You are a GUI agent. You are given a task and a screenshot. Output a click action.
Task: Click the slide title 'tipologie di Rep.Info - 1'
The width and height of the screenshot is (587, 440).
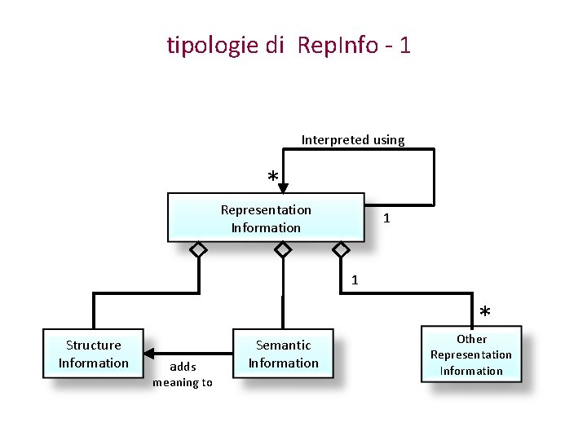pyautogui.click(x=289, y=45)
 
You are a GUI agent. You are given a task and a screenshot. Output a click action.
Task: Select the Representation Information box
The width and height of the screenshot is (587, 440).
pyautogui.click(x=266, y=218)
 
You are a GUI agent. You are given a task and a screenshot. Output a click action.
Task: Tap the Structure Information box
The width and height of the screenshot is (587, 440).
pyautogui.click(x=93, y=354)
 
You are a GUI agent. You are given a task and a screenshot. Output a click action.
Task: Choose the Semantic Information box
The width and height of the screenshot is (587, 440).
pyautogui.click(x=284, y=354)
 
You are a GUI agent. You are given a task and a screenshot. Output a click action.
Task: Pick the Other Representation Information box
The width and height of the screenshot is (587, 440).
pyautogui.click(x=471, y=354)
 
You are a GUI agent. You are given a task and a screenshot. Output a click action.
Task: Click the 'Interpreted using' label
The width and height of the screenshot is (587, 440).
pyautogui.click(x=353, y=140)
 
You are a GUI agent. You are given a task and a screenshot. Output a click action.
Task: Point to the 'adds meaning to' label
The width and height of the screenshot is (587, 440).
pyautogui.click(x=183, y=375)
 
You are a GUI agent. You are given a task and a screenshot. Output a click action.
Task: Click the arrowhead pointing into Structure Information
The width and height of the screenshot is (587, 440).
pyautogui.click(x=150, y=353)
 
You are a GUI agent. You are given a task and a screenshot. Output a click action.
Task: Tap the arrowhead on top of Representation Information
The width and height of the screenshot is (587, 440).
pyautogui.click(x=283, y=187)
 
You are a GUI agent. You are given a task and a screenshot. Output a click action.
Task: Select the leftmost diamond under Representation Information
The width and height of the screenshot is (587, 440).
pyautogui.click(x=198, y=250)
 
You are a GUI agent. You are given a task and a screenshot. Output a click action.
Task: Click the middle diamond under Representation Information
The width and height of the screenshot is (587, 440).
pyautogui.click(x=283, y=250)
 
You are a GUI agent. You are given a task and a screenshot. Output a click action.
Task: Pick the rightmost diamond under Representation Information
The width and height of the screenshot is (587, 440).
pyautogui.click(x=342, y=250)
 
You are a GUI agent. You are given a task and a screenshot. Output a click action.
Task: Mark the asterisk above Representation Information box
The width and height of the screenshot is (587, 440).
pyautogui.click(x=273, y=177)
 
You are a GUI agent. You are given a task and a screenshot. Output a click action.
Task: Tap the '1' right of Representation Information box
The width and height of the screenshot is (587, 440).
pyautogui.click(x=386, y=218)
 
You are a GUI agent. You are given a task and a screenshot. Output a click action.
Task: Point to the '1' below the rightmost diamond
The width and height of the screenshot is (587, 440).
pyautogui.click(x=355, y=280)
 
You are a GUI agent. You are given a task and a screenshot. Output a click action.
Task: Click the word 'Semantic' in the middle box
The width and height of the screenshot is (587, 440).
pyautogui.click(x=284, y=345)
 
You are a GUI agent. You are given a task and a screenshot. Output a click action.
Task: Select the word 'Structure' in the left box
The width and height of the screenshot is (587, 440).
pyautogui.click(x=93, y=345)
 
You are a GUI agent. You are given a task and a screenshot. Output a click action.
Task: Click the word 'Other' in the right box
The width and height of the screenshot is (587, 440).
pyautogui.click(x=471, y=339)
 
